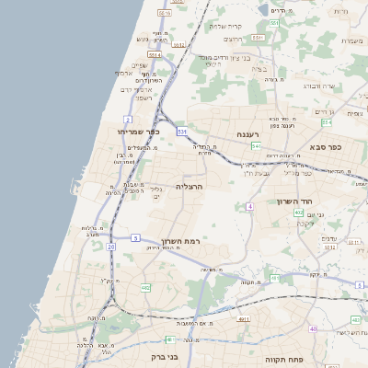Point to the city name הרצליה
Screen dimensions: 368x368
(188, 186)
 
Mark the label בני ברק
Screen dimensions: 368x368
(162, 355)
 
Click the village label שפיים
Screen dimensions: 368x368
(138, 64)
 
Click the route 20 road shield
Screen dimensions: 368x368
(110, 247)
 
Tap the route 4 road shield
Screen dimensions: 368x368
(248, 206)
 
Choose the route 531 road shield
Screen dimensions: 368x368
(182, 132)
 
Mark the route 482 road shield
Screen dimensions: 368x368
(145, 289)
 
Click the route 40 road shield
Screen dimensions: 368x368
(313, 328)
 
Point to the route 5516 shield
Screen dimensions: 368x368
(164, 13)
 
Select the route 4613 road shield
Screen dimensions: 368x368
(243, 319)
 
